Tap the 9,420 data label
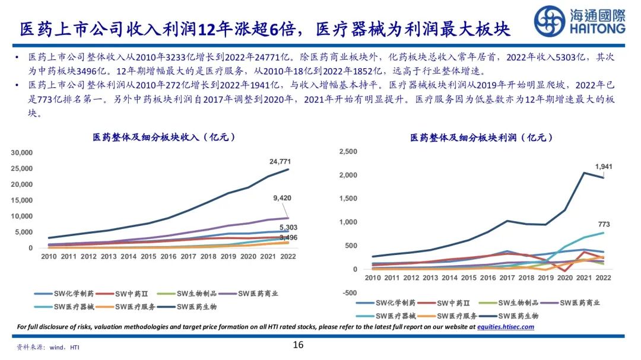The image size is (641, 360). (x=282, y=198)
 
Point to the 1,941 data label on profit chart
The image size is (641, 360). (x=604, y=167)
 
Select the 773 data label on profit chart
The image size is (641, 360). (x=604, y=224)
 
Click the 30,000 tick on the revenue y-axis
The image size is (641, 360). (x=21, y=153)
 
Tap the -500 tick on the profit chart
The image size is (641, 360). (x=350, y=293)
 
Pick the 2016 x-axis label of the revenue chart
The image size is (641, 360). (x=168, y=257)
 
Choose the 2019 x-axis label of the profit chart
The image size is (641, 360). (x=545, y=278)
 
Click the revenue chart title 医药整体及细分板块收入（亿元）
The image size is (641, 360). (x=164, y=138)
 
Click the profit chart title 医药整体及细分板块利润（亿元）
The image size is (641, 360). (x=481, y=138)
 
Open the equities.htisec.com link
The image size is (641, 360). (x=506, y=327)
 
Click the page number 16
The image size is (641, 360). (x=298, y=345)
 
